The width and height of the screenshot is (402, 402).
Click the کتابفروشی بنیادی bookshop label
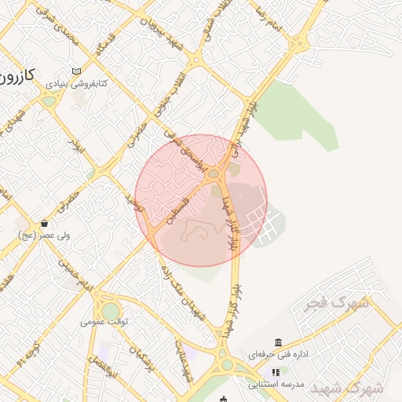tap(76, 82)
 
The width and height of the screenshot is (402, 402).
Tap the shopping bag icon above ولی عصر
tap(45, 223)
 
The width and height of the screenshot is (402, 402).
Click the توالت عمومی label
tap(104, 322)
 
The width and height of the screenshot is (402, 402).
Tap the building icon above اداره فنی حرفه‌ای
tap(278, 342)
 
